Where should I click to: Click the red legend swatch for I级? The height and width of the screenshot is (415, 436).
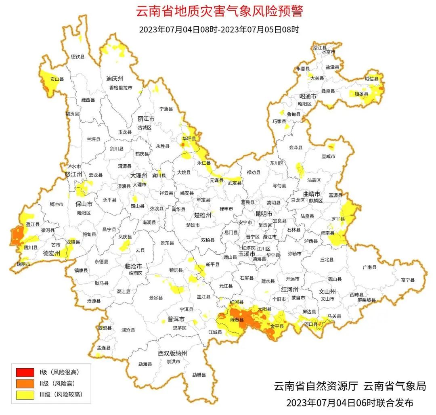(25, 372)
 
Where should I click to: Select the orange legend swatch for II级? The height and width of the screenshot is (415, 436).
(25, 384)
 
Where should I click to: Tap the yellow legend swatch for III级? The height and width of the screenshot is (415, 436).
(25, 395)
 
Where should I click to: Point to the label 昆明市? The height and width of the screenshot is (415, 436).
(264, 213)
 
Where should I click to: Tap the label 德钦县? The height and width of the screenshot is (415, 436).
(78, 57)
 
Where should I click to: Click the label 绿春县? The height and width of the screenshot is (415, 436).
(237, 320)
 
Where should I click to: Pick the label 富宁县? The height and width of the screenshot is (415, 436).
(408, 279)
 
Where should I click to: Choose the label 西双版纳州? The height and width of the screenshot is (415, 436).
(172, 353)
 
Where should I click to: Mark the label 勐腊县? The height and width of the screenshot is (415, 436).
(199, 375)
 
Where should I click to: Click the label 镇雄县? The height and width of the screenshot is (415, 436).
(361, 94)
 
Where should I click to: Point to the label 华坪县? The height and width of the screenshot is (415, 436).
(189, 138)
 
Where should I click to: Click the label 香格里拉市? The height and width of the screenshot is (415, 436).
(121, 88)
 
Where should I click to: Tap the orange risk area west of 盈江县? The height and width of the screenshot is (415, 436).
(17, 235)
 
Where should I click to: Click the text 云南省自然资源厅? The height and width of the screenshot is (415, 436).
(316, 386)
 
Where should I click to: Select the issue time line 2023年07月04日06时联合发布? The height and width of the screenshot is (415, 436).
(350, 403)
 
